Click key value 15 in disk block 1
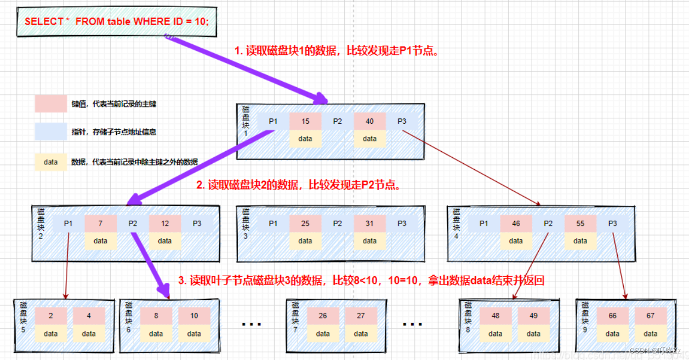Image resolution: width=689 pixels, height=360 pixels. pos(305,122)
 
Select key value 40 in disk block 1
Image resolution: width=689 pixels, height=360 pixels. pos(370,122)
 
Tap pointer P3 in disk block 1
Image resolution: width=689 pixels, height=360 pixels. pos(402,122)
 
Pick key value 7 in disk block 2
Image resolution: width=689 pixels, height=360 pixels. pos(100,224)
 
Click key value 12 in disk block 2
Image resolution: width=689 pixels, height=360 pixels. pos(165,224)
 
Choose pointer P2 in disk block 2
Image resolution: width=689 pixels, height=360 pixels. pos(133,224)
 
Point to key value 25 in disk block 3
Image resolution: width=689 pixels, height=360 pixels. pos(305,224)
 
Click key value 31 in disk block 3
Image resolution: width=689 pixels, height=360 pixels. pos(370,224)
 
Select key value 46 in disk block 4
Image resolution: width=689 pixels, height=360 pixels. pos(516,224)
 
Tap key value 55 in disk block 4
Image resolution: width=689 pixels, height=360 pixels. pos(580,224)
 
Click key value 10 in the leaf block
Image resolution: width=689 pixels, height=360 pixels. pos(194,316)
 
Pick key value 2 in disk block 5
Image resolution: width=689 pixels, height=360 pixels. pos(51,316)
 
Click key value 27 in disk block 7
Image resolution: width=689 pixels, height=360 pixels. pos(361,316)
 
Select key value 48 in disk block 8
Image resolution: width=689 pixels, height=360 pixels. pos(496,316)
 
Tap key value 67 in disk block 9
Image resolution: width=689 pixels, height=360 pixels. pos(651,316)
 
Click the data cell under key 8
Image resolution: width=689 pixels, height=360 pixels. pos(156,333)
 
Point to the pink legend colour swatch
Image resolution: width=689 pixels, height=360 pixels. pos(50,104)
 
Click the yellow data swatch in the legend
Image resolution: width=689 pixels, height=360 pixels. pos(50,162)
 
